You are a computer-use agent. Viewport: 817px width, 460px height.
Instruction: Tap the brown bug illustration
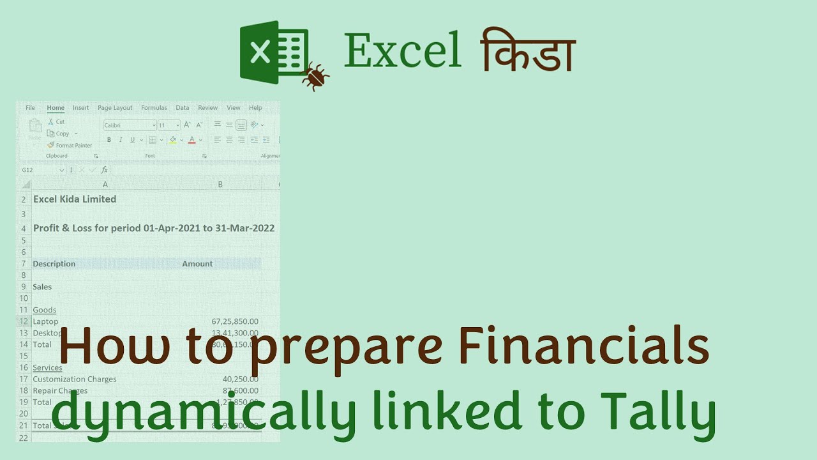tap(315, 75)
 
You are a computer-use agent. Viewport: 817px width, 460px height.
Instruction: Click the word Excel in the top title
tap(402, 51)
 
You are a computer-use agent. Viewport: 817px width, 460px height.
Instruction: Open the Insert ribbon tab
tap(80, 108)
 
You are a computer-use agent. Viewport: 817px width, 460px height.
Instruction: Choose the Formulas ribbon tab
tap(154, 108)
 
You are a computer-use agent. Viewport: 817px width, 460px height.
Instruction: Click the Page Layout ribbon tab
tap(115, 108)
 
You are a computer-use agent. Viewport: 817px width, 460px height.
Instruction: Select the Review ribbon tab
tap(207, 108)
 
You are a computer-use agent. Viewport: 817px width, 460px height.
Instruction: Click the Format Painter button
tap(70, 145)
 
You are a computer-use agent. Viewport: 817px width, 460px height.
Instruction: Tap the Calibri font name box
tap(130, 125)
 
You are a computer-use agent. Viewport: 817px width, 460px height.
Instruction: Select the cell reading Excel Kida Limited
tap(75, 199)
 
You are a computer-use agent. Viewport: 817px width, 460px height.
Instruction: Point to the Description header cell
tap(54, 264)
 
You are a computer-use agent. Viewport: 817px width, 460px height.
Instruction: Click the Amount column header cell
tap(197, 264)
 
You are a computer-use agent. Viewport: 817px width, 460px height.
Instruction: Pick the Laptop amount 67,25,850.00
tap(235, 321)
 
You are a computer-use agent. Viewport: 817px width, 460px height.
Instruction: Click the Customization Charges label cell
tap(75, 379)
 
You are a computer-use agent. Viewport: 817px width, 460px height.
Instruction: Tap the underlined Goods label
tap(45, 310)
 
